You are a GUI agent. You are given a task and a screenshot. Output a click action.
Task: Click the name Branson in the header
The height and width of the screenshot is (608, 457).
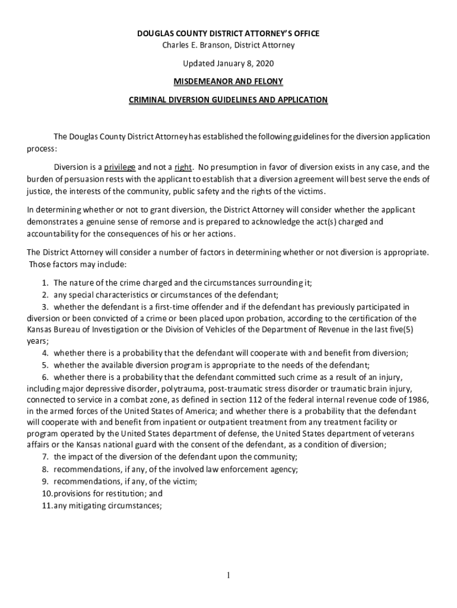pos(211,45)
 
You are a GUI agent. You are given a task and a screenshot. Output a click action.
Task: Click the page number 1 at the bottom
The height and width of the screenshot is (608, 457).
pos(228,575)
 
